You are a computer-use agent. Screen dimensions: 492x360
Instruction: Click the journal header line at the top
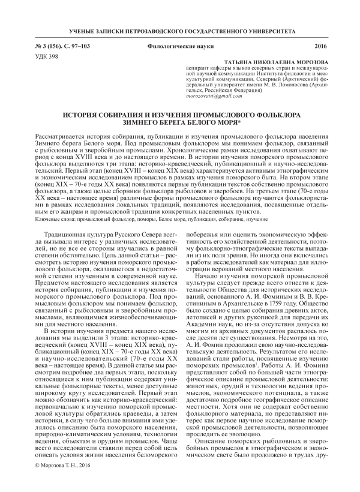[x=179, y=30]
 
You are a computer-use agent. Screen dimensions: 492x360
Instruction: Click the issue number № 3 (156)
[x=41, y=46]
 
